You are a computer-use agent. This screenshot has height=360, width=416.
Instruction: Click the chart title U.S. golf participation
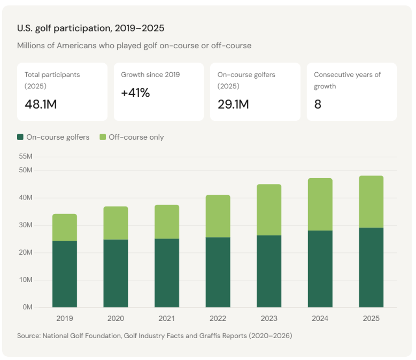coord(90,28)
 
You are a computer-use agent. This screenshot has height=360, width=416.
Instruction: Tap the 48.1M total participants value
coord(41,104)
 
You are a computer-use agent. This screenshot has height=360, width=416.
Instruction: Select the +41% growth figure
coord(135,93)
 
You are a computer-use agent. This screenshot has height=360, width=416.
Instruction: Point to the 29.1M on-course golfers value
coord(233,104)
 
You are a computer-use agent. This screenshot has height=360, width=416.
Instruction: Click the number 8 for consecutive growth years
coord(318,104)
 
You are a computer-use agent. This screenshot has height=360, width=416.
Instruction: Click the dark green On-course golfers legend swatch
coord(21,137)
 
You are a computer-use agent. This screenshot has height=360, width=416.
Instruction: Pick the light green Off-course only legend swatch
coord(103,137)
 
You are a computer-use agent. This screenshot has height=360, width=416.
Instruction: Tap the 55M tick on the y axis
coord(26,157)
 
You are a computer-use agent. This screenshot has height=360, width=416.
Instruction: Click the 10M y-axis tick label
coord(26,280)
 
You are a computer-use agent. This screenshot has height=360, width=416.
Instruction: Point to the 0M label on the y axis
coord(27,308)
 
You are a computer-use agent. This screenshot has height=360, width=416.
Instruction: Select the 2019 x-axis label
coord(64,318)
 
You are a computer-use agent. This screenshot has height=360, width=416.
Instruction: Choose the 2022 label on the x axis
coord(218,318)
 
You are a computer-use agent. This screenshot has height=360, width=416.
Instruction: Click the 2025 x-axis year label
coord(371,318)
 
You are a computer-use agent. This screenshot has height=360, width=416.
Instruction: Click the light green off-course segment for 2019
coord(64,227)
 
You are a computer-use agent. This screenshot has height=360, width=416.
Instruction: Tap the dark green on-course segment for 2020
coord(115,273)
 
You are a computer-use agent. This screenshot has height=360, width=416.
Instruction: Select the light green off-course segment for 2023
coord(268,210)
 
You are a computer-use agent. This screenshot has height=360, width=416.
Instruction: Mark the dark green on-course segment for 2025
coord(371,267)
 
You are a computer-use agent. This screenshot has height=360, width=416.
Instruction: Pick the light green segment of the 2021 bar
coord(166,221)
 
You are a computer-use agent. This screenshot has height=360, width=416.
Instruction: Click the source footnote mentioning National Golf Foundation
coord(155,336)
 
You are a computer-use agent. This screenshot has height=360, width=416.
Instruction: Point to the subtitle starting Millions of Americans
coord(134,45)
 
